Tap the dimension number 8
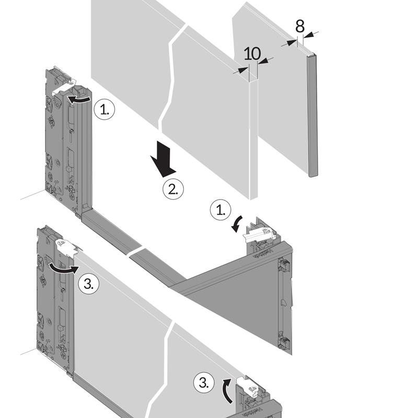click(x=300, y=27)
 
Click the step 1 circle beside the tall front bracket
click(x=104, y=110)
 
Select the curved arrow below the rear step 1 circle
click(x=236, y=224)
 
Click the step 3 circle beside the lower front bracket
click(x=89, y=284)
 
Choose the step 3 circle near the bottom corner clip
click(x=204, y=383)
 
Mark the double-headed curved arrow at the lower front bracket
click(x=63, y=269)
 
